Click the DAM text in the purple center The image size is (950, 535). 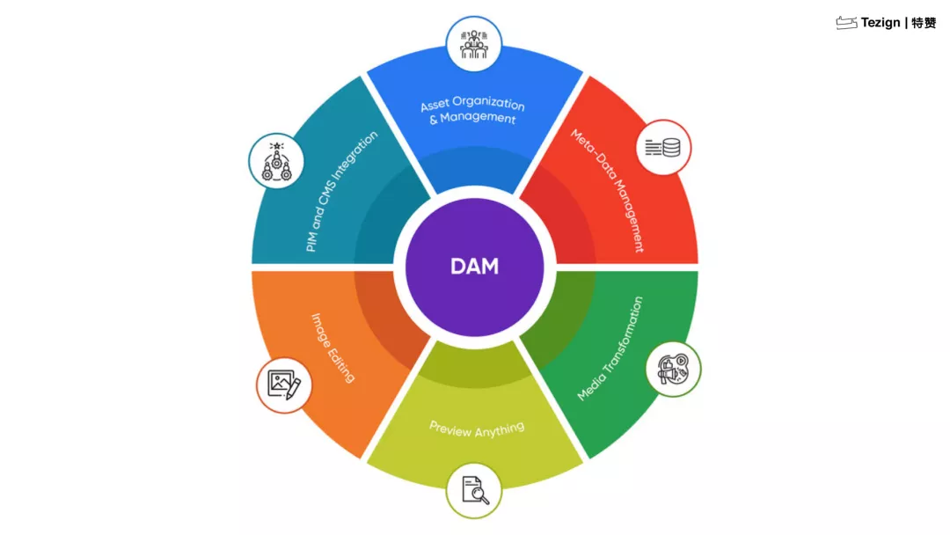(474, 266)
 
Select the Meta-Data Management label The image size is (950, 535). (608, 191)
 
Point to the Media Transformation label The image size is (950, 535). (610, 349)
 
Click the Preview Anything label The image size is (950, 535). (477, 429)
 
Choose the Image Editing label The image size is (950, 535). (333, 348)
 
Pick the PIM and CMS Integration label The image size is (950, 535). (341, 193)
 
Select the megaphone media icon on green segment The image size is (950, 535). (673, 370)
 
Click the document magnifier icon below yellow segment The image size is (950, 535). (474, 490)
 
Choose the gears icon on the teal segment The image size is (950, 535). (277, 161)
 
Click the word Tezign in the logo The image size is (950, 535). (881, 23)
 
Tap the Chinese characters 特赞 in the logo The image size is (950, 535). (924, 23)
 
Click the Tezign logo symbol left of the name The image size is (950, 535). (846, 23)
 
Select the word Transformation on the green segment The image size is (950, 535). (621, 331)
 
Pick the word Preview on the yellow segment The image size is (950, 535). (450, 428)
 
